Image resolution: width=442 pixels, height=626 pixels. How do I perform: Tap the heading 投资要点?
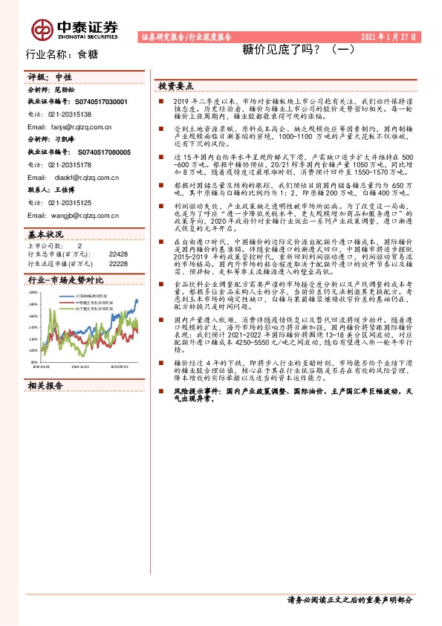[176, 85]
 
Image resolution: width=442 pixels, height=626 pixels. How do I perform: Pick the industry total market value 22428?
[118, 254]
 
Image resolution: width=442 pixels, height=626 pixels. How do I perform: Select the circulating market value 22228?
[118, 263]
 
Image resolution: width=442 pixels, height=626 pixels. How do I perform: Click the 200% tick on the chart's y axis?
[33, 293]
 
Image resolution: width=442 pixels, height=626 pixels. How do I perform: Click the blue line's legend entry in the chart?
[76, 295]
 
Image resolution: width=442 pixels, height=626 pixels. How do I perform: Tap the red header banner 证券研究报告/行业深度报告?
[186, 36]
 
